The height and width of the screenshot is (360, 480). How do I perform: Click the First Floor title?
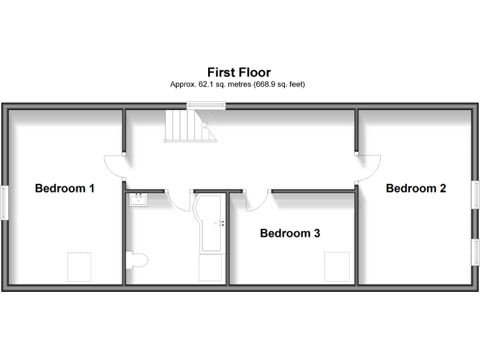tap(239, 72)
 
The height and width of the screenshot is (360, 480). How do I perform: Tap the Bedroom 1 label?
tap(64, 187)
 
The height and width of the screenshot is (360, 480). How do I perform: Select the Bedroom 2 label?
tap(416, 187)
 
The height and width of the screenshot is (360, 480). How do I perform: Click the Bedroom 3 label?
tap(290, 233)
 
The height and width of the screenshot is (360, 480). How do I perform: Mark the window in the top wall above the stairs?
tap(207, 106)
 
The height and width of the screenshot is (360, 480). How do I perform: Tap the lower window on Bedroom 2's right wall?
tap(475, 256)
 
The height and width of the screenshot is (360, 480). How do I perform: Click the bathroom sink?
tap(138, 200)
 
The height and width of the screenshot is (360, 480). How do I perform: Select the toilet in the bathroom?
tap(136, 259)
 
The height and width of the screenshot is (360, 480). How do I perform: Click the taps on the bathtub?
tap(220, 222)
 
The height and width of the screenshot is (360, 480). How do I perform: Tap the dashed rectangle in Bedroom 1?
tap(79, 267)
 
